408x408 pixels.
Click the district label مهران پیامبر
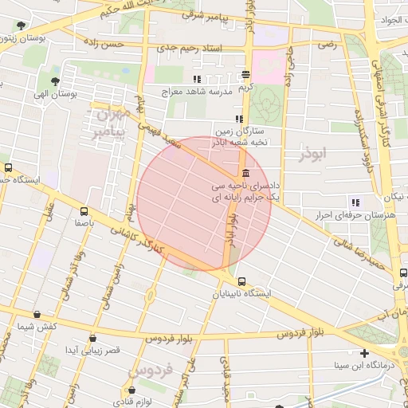pyautogui.click(x=108, y=124)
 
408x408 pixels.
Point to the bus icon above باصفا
pyautogui.click(x=84, y=211)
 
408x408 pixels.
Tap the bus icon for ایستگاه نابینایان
pyautogui.click(x=241, y=281)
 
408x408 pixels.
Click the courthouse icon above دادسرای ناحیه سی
pyautogui.click(x=242, y=175)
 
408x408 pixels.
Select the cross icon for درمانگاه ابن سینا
pyautogui.click(x=364, y=353)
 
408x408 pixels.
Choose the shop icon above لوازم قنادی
pyautogui.click(x=131, y=390)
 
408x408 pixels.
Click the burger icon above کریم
pyautogui.click(x=247, y=76)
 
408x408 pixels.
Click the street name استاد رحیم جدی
pyautogui.click(x=191, y=49)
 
